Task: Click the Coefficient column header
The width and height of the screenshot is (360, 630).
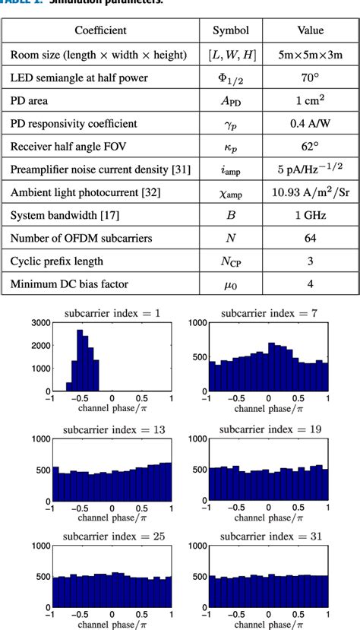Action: tap(100, 30)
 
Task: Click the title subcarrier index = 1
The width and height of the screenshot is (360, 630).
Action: tap(112, 314)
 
